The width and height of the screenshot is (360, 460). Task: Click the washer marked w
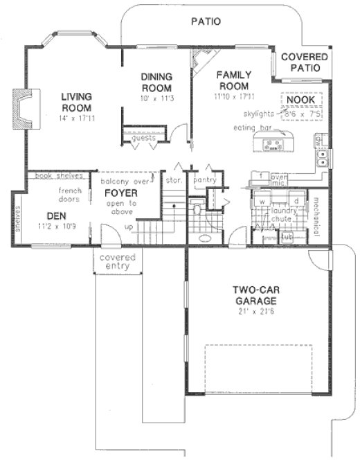(263, 201)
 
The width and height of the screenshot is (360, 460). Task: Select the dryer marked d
(296, 201)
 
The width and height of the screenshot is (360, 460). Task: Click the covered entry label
(116, 262)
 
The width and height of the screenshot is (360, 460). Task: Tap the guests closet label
(144, 138)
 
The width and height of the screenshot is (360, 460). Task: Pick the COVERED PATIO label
(300, 64)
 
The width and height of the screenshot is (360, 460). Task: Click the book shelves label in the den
(53, 177)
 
